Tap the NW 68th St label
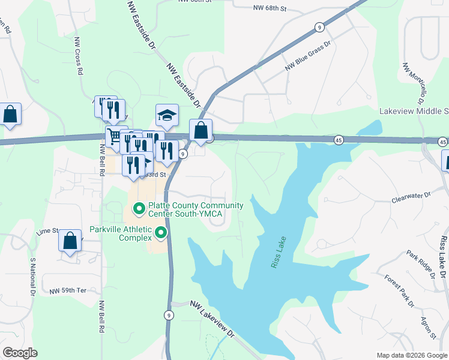[x=270, y=8]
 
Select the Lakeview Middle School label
[x=414, y=112]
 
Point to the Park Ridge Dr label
[x=420, y=265]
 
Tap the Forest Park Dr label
[x=400, y=291]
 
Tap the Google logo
[x=20, y=353]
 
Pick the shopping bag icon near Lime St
[x=70, y=241]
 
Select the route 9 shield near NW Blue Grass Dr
[x=319, y=27]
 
